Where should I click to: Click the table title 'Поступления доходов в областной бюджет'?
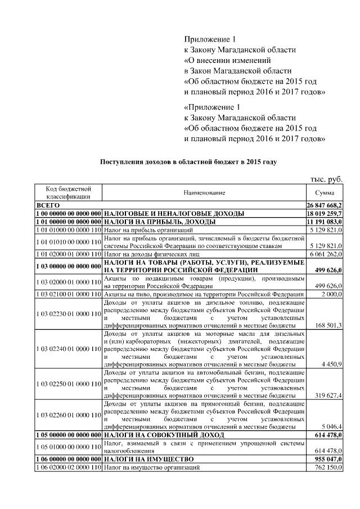tap(188, 161)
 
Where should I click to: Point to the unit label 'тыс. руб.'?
tap(326, 179)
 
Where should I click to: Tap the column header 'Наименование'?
tap(204, 192)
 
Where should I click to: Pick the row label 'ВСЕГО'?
tap(48, 206)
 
